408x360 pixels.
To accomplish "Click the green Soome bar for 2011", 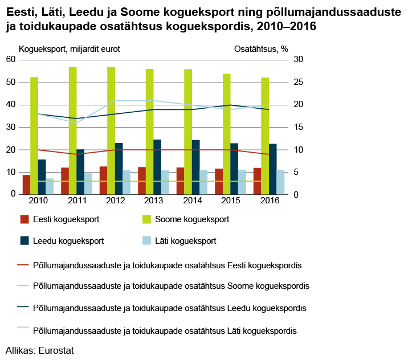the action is coord(73,130).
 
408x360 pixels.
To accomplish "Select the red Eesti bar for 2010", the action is coord(27,185).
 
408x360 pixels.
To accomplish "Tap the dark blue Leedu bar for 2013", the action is coord(157,167).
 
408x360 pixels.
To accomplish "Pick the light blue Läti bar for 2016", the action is coord(280,182).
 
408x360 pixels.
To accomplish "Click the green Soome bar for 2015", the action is coord(227,134).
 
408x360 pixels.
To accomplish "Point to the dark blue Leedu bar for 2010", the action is coord(42,177).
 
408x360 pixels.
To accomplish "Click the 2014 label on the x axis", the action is coord(193,201).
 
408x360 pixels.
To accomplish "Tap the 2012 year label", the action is coord(116,201).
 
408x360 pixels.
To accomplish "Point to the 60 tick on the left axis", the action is coord(11,59).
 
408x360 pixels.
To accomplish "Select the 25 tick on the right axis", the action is coord(299,82).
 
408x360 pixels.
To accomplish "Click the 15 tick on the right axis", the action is coord(299,127).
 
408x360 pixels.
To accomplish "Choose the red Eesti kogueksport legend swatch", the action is coord(25,219).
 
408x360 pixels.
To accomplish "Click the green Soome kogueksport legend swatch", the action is coord(147,219).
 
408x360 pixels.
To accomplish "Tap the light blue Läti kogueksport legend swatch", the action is coord(147,240).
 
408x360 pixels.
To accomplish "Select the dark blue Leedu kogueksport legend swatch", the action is coord(25,240).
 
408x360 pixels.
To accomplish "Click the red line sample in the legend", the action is coord(23,265).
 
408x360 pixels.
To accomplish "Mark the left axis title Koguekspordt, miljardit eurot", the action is coord(70,49).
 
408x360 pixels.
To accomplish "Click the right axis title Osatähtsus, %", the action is coord(261,49).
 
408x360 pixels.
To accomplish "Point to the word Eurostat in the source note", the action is coord(56,350).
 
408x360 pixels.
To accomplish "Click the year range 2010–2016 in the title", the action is coord(286,26).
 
